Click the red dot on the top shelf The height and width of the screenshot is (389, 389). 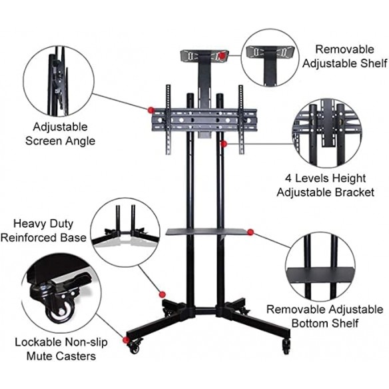[x=222, y=56]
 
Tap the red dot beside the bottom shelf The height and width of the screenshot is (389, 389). [x=250, y=232]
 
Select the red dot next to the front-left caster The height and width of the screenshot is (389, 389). [x=126, y=340]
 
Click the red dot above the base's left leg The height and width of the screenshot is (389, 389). [x=163, y=294]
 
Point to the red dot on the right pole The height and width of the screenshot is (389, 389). [x=224, y=144]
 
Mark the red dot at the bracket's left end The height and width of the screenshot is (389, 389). [x=151, y=110]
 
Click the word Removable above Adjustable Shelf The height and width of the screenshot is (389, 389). [x=344, y=49]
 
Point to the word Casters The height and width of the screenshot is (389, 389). [x=77, y=356]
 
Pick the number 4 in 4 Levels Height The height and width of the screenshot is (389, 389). [x=288, y=179]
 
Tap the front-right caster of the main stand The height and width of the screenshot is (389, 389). [x=286, y=346]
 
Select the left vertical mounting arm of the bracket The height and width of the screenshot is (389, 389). [x=169, y=120]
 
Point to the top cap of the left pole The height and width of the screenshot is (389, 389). [x=190, y=95]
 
